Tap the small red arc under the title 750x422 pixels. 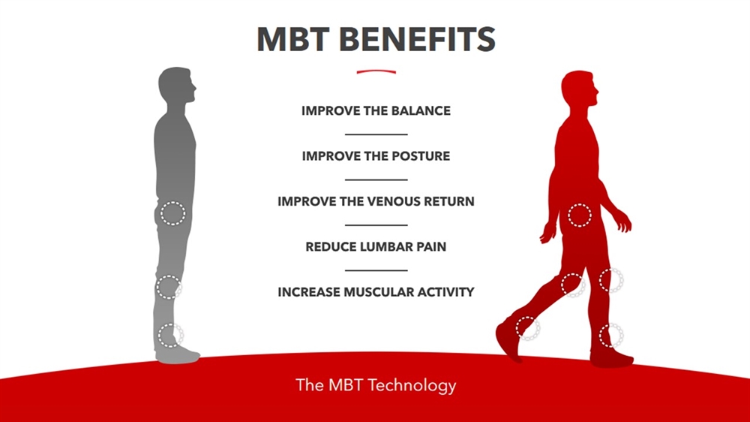pyautogui.click(x=376, y=72)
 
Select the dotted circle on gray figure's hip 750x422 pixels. pyautogui.click(x=172, y=213)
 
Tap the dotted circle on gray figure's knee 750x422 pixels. pyautogui.click(x=169, y=287)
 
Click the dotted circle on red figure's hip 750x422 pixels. pyautogui.click(x=580, y=216)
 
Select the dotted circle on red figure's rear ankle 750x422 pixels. pyautogui.click(x=528, y=328)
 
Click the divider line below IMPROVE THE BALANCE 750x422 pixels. pyautogui.click(x=376, y=134)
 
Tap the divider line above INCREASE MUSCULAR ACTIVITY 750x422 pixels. pyautogui.click(x=376, y=270)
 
